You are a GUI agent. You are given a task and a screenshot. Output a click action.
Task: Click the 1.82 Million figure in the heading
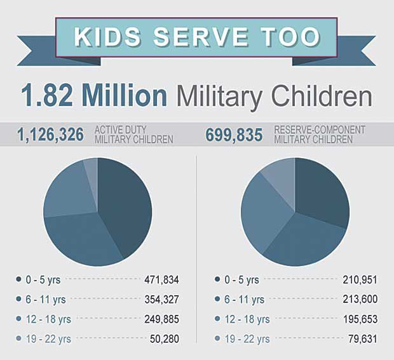point(94,96)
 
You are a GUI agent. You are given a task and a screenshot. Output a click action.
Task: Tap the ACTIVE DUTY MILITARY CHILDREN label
point(133,135)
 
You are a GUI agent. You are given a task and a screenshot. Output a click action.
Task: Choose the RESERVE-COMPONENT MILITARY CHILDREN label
point(319,135)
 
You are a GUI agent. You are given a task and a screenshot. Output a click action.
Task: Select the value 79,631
point(360,339)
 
